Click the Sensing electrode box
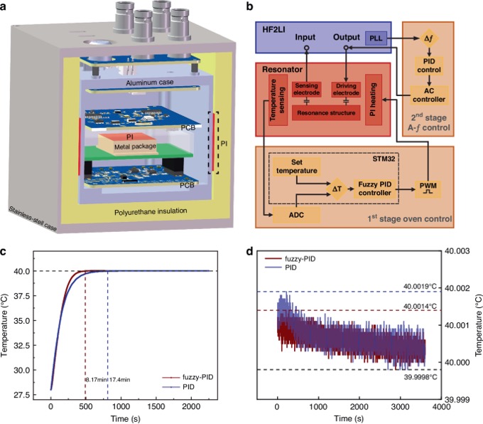pos(310,89)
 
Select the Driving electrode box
pos(347,89)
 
